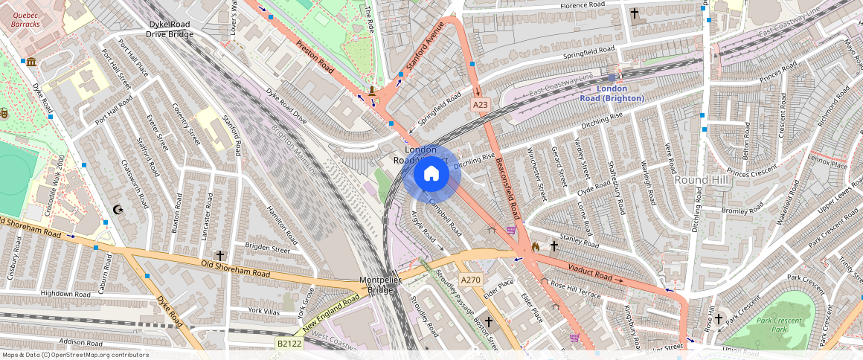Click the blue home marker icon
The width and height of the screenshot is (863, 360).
pyautogui.click(x=431, y=174)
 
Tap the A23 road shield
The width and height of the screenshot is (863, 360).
pyautogui.click(x=481, y=106)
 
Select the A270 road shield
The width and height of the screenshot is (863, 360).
pyautogui.click(x=470, y=280)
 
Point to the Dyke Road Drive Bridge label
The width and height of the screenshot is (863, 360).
pyautogui.click(x=169, y=29)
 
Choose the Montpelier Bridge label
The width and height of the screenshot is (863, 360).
pyautogui.click(x=381, y=285)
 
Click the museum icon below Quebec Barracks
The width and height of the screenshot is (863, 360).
pyautogui.click(x=31, y=61)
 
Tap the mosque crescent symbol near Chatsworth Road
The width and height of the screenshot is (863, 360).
pyautogui.click(x=116, y=210)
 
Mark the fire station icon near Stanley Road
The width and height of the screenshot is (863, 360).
pyautogui.click(x=535, y=245)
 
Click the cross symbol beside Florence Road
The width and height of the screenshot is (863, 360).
pyautogui.click(x=635, y=13)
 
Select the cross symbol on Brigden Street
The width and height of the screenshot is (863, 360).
pyautogui.click(x=220, y=255)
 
